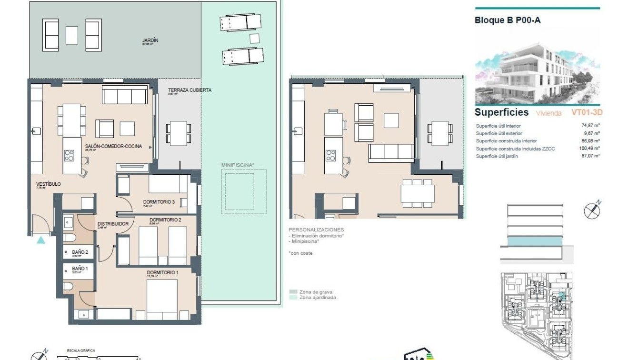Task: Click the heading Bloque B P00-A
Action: click(508, 20)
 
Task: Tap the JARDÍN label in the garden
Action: click(150, 41)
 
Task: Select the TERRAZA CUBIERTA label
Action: click(189, 90)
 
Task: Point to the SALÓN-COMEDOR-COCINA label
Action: click(113, 147)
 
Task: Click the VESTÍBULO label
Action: click(48, 184)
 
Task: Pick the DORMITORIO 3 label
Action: click(159, 202)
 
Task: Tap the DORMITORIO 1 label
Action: click(162, 272)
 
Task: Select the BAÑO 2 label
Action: click(80, 252)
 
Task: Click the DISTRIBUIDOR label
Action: click(113, 224)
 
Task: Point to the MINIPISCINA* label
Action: click(238, 165)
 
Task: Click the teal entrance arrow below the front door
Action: click(41, 240)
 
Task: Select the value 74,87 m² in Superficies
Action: click(590, 126)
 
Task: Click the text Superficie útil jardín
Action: click(497, 156)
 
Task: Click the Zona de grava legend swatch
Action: click(293, 292)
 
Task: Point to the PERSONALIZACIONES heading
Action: click(316, 230)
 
